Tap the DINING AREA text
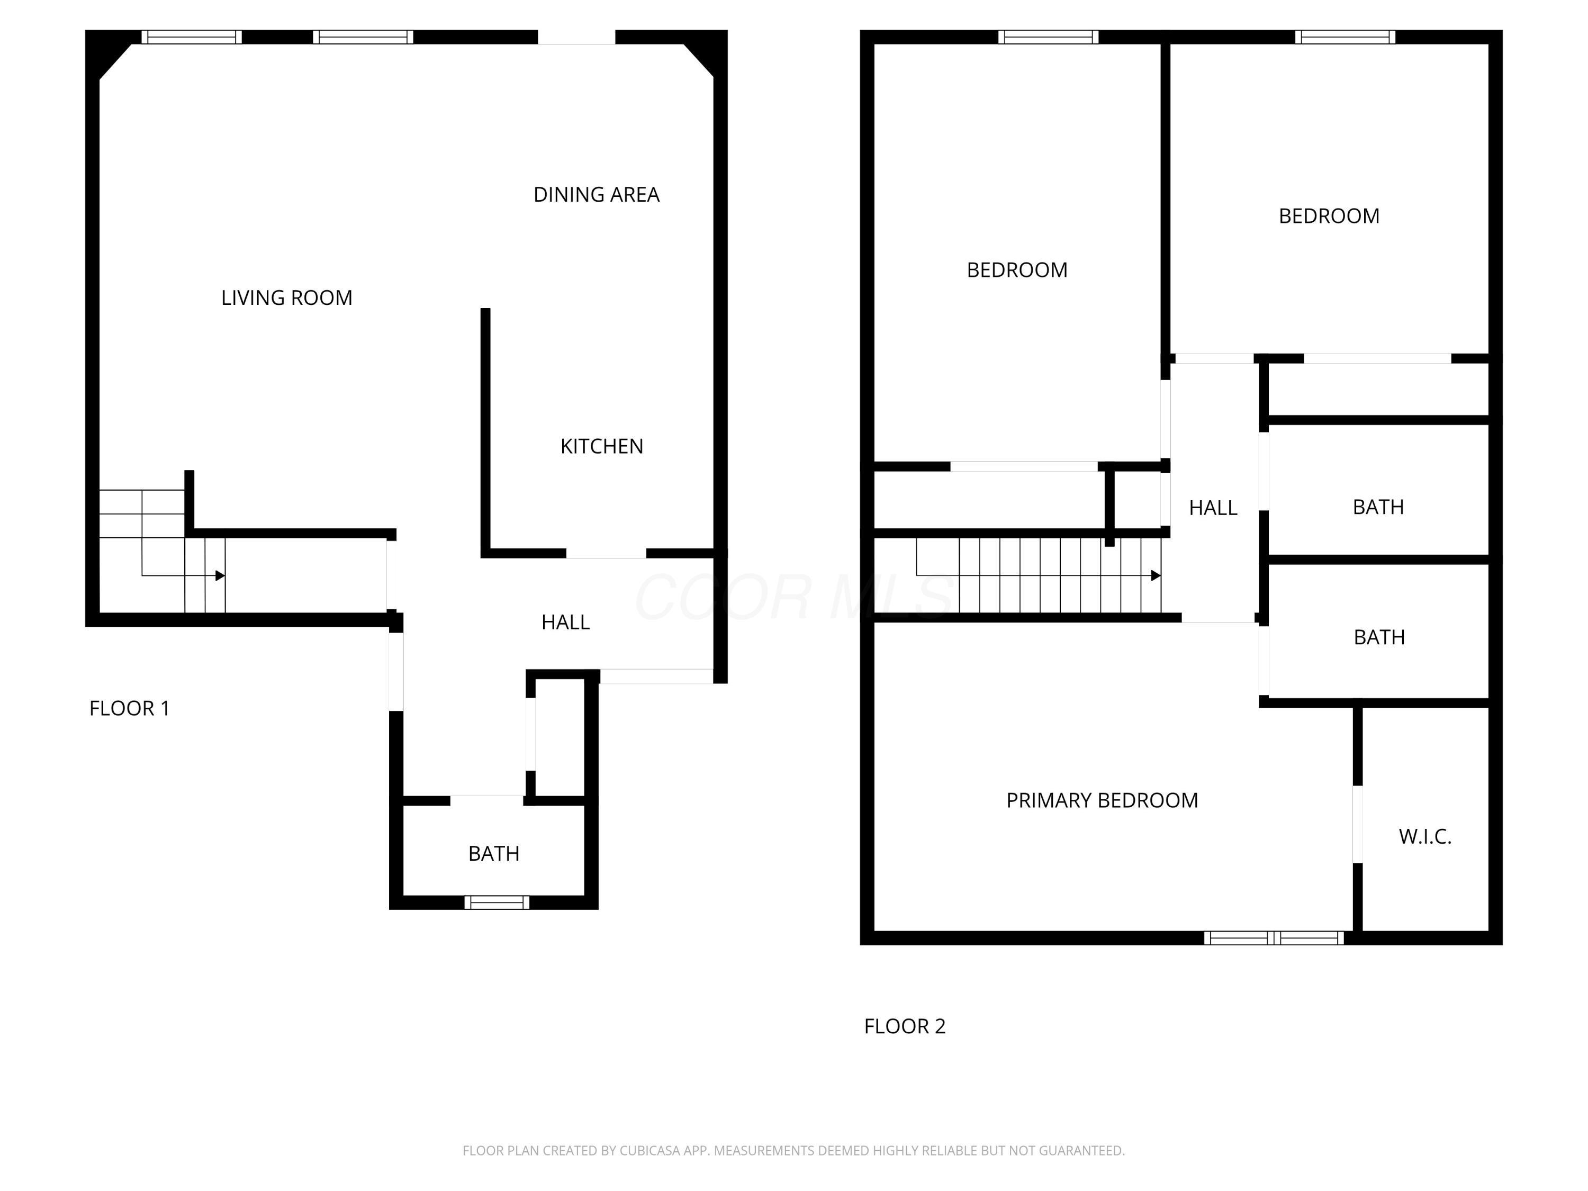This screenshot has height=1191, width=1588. point(596,195)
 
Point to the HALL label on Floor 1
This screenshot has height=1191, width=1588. point(565,622)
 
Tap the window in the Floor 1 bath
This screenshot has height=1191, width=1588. point(497,903)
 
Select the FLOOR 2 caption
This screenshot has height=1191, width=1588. point(905,1026)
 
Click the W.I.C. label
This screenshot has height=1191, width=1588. point(1424,836)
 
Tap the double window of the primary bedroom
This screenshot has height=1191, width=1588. point(1274,937)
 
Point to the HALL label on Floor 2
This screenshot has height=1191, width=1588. point(1213,508)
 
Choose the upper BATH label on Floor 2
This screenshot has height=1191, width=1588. point(1378,507)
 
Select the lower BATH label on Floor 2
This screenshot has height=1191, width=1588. point(1378,637)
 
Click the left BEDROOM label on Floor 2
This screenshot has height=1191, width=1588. point(1016,270)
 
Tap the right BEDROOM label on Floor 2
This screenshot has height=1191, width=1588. point(1328,216)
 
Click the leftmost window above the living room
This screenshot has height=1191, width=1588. point(191,37)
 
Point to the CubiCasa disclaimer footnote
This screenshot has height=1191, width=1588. point(793,1151)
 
